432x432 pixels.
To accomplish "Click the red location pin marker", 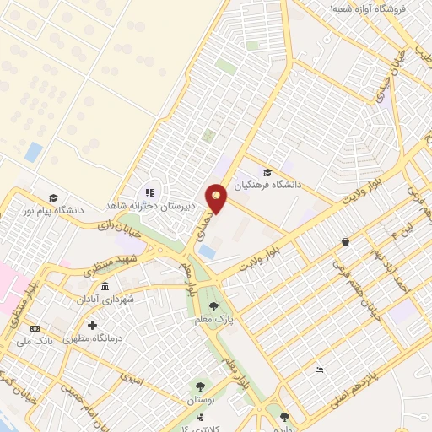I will click(x=217, y=198).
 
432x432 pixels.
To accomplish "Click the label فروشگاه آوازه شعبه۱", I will click(x=369, y=8).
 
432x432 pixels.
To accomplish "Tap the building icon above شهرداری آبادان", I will click(x=104, y=289).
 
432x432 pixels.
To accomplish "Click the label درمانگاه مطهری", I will click(x=93, y=337).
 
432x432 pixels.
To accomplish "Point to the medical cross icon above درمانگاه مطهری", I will click(x=92, y=325).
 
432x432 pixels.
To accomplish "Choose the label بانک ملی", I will click(x=35, y=342).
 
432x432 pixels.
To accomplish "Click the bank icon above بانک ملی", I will click(x=35, y=329).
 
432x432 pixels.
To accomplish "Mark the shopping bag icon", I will click(x=346, y=242).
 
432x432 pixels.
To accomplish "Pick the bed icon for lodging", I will click(x=318, y=370).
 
